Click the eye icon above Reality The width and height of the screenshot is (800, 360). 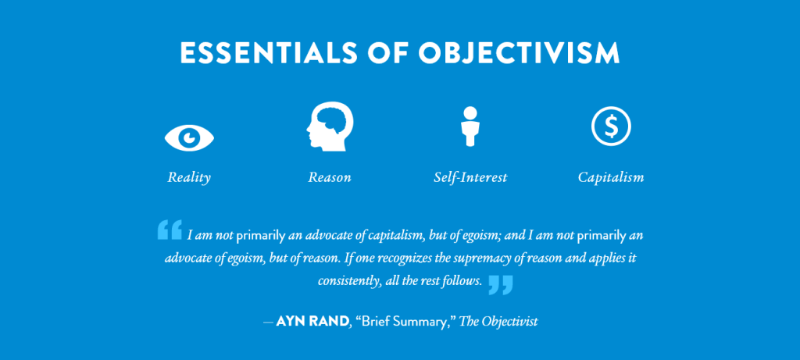point(189,137)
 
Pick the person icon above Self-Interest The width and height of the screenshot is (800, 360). point(470,125)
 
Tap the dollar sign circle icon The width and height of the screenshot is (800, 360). point(611,125)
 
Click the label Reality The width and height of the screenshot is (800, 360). point(189,177)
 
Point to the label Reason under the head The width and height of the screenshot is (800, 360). point(330,177)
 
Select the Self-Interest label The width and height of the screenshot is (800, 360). point(470,177)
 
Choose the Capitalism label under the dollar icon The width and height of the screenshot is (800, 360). point(611,177)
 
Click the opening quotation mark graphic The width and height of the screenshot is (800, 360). point(170,229)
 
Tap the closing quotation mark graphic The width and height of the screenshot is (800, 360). point(501,284)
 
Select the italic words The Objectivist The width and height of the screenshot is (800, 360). point(498,321)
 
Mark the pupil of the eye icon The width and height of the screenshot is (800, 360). point(189,137)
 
